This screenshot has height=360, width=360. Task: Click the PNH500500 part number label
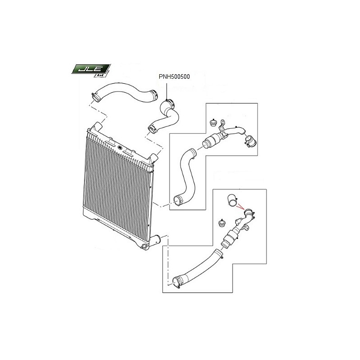pyautogui.click(x=174, y=76)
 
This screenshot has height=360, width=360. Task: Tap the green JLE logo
pyautogui.click(x=90, y=69)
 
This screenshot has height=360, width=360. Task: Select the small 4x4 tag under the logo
pyautogui.click(x=100, y=75)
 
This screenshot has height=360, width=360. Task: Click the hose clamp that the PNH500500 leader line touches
pyautogui.click(x=170, y=103)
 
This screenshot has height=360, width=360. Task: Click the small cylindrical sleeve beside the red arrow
pyautogui.click(x=233, y=200)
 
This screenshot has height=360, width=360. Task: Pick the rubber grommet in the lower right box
pyautogui.click(x=222, y=223)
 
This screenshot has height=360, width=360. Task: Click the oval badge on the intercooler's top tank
pyautogui.click(x=119, y=148)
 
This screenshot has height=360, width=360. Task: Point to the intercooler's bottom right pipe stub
pyautogui.click(x=156, y=241)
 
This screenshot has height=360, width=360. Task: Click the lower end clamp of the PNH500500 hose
pyautogui.click(x=152, y=129)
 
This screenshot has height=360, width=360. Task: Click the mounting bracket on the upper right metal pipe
pyautogui.click(x=222, y=129)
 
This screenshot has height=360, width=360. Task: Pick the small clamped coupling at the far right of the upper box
pyautogui.click(x=250, y=141)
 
